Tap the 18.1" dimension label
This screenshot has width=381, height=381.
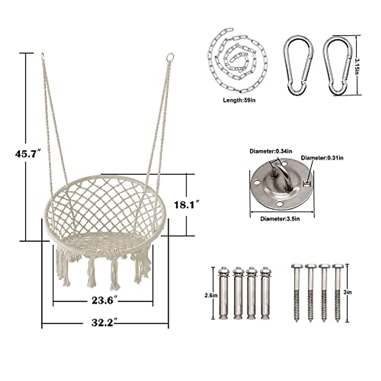pos(186,205)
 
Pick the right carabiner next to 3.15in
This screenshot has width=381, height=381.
pos(338,65)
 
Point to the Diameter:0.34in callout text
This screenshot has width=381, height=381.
pos(270,151)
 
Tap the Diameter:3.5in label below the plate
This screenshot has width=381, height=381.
pos(280,219)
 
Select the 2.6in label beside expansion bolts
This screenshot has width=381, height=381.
pos(211,295)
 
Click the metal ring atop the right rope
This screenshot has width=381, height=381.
pos(170,57)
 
